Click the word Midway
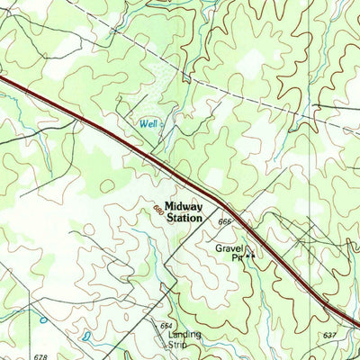(x=184, y=206)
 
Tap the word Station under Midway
(x=184, y=218)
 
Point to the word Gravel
(x=230, y=247)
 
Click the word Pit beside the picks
(x=238, y=257)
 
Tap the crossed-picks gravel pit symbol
(x=251, y=257)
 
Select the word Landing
(x=184, y=335)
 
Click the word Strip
(x=179, y=345)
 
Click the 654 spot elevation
(x=166, y=325)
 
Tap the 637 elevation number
(x=328, y=335)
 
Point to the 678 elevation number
(x=40, y=356)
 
